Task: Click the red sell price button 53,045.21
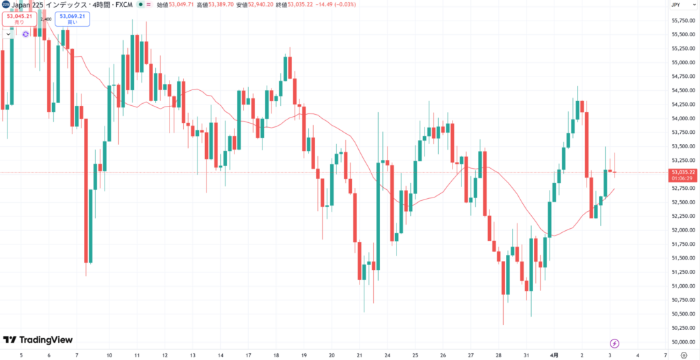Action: [18, 18]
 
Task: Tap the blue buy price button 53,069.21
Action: [73, 18]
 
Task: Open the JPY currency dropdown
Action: [676, 5]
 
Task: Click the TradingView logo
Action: [38, 340]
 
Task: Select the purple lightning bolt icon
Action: [615, 342]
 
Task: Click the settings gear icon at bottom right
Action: [684, 355]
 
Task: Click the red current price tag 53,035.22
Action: [684, 172]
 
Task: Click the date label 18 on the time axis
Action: [275, 355]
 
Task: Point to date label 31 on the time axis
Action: [526, 355]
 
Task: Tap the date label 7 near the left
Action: [77, 355]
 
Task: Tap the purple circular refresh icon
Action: [25, 33]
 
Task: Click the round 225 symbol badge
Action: [5, 5]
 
